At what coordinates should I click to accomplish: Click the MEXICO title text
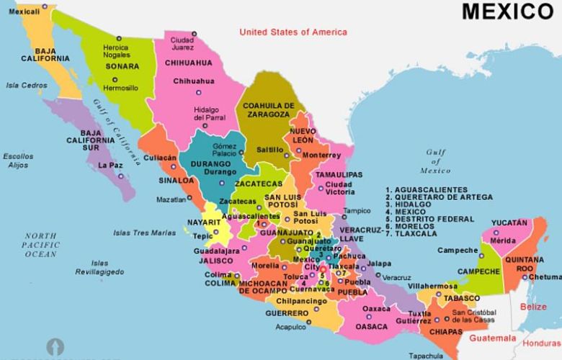pos(507,12)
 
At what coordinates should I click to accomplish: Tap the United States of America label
pos(293,32)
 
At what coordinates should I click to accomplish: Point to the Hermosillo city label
pos(120,88)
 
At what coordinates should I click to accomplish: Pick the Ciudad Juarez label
pos(182,43)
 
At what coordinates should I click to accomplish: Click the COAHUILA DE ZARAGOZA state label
pos(269,110)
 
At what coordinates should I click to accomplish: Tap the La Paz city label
pos(111,165)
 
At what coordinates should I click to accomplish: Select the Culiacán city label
pos(160,157)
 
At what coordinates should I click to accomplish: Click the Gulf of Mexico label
pos(435,161)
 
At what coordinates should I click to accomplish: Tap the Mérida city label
pos(504,240)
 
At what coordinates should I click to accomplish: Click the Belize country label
pos(533,307)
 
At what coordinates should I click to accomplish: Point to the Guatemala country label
pos(493,338)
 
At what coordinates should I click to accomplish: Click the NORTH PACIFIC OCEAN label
pos(41,245)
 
